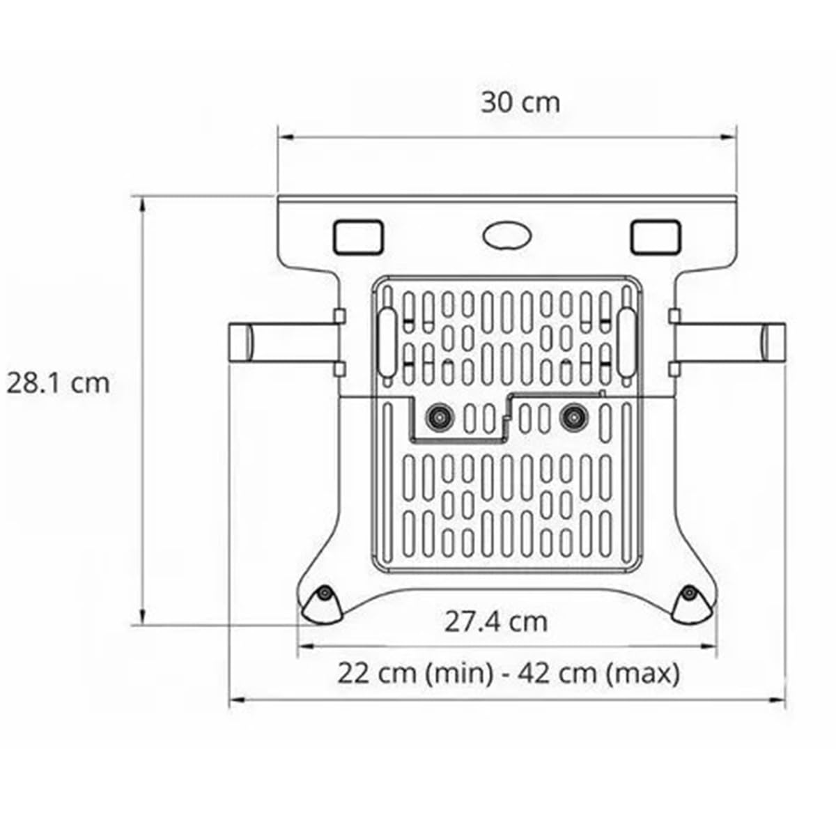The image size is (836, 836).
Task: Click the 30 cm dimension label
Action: pos(520,103)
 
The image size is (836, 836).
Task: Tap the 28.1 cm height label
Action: pos(58,383)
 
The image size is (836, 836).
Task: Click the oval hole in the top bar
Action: pos(507,236)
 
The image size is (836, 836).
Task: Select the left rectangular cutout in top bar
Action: pos(358,237)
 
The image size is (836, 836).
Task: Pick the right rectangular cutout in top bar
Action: pos(656,237)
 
